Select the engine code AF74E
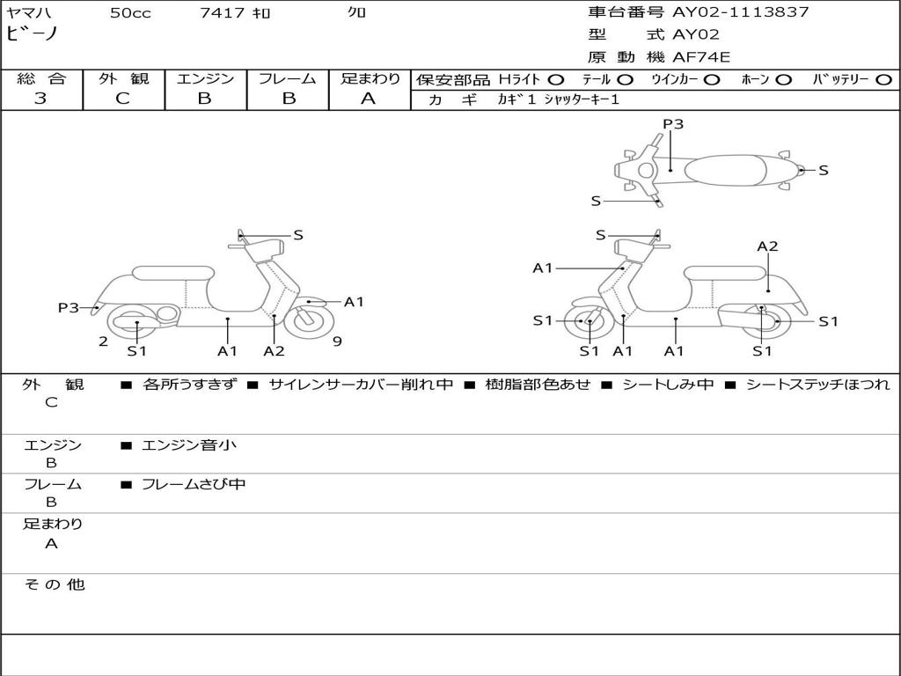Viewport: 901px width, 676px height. point(701,58)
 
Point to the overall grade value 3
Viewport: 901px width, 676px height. point(40,99)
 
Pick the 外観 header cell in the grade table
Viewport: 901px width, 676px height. point(123,78)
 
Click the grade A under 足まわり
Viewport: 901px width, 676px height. point(369,99)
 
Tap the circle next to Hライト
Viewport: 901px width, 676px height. point(556,79)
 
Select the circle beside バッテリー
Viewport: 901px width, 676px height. point(883,79)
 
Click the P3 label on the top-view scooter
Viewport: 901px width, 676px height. point(673,124)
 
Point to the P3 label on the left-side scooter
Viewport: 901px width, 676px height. point(69,307)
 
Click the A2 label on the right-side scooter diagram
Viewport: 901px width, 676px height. point(767,246)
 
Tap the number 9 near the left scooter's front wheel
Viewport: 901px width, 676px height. point(337,342)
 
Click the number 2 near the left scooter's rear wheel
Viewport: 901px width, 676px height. point(103,342)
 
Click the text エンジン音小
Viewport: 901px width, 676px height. point(189,445)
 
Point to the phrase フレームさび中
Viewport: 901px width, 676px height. point(194,484)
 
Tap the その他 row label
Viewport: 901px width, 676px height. point(54,584)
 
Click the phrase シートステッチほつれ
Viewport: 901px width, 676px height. point(817,385)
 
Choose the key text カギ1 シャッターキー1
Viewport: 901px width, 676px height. point(558,99)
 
